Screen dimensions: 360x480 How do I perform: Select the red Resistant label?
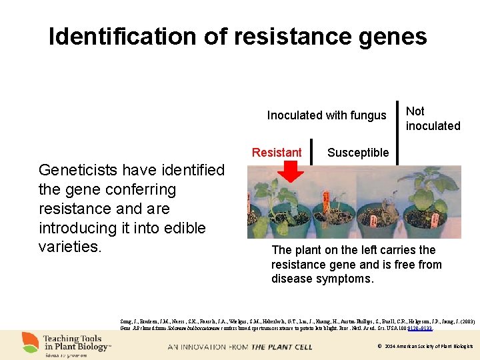pyautogui.click(x=277, y=153)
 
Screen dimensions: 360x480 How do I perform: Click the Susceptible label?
pyautogui.click(x=358, y=153)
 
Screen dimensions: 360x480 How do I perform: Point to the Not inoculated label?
pyautogui.click(x=433, y=119)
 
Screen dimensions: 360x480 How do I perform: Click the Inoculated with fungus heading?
pyautogui.click(x=327, y=115)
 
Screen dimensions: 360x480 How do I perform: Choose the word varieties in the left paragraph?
pyautogui.click(x=70, y=247)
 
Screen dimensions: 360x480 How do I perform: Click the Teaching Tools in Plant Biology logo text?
pyautogui.click(x=77, y=342)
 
